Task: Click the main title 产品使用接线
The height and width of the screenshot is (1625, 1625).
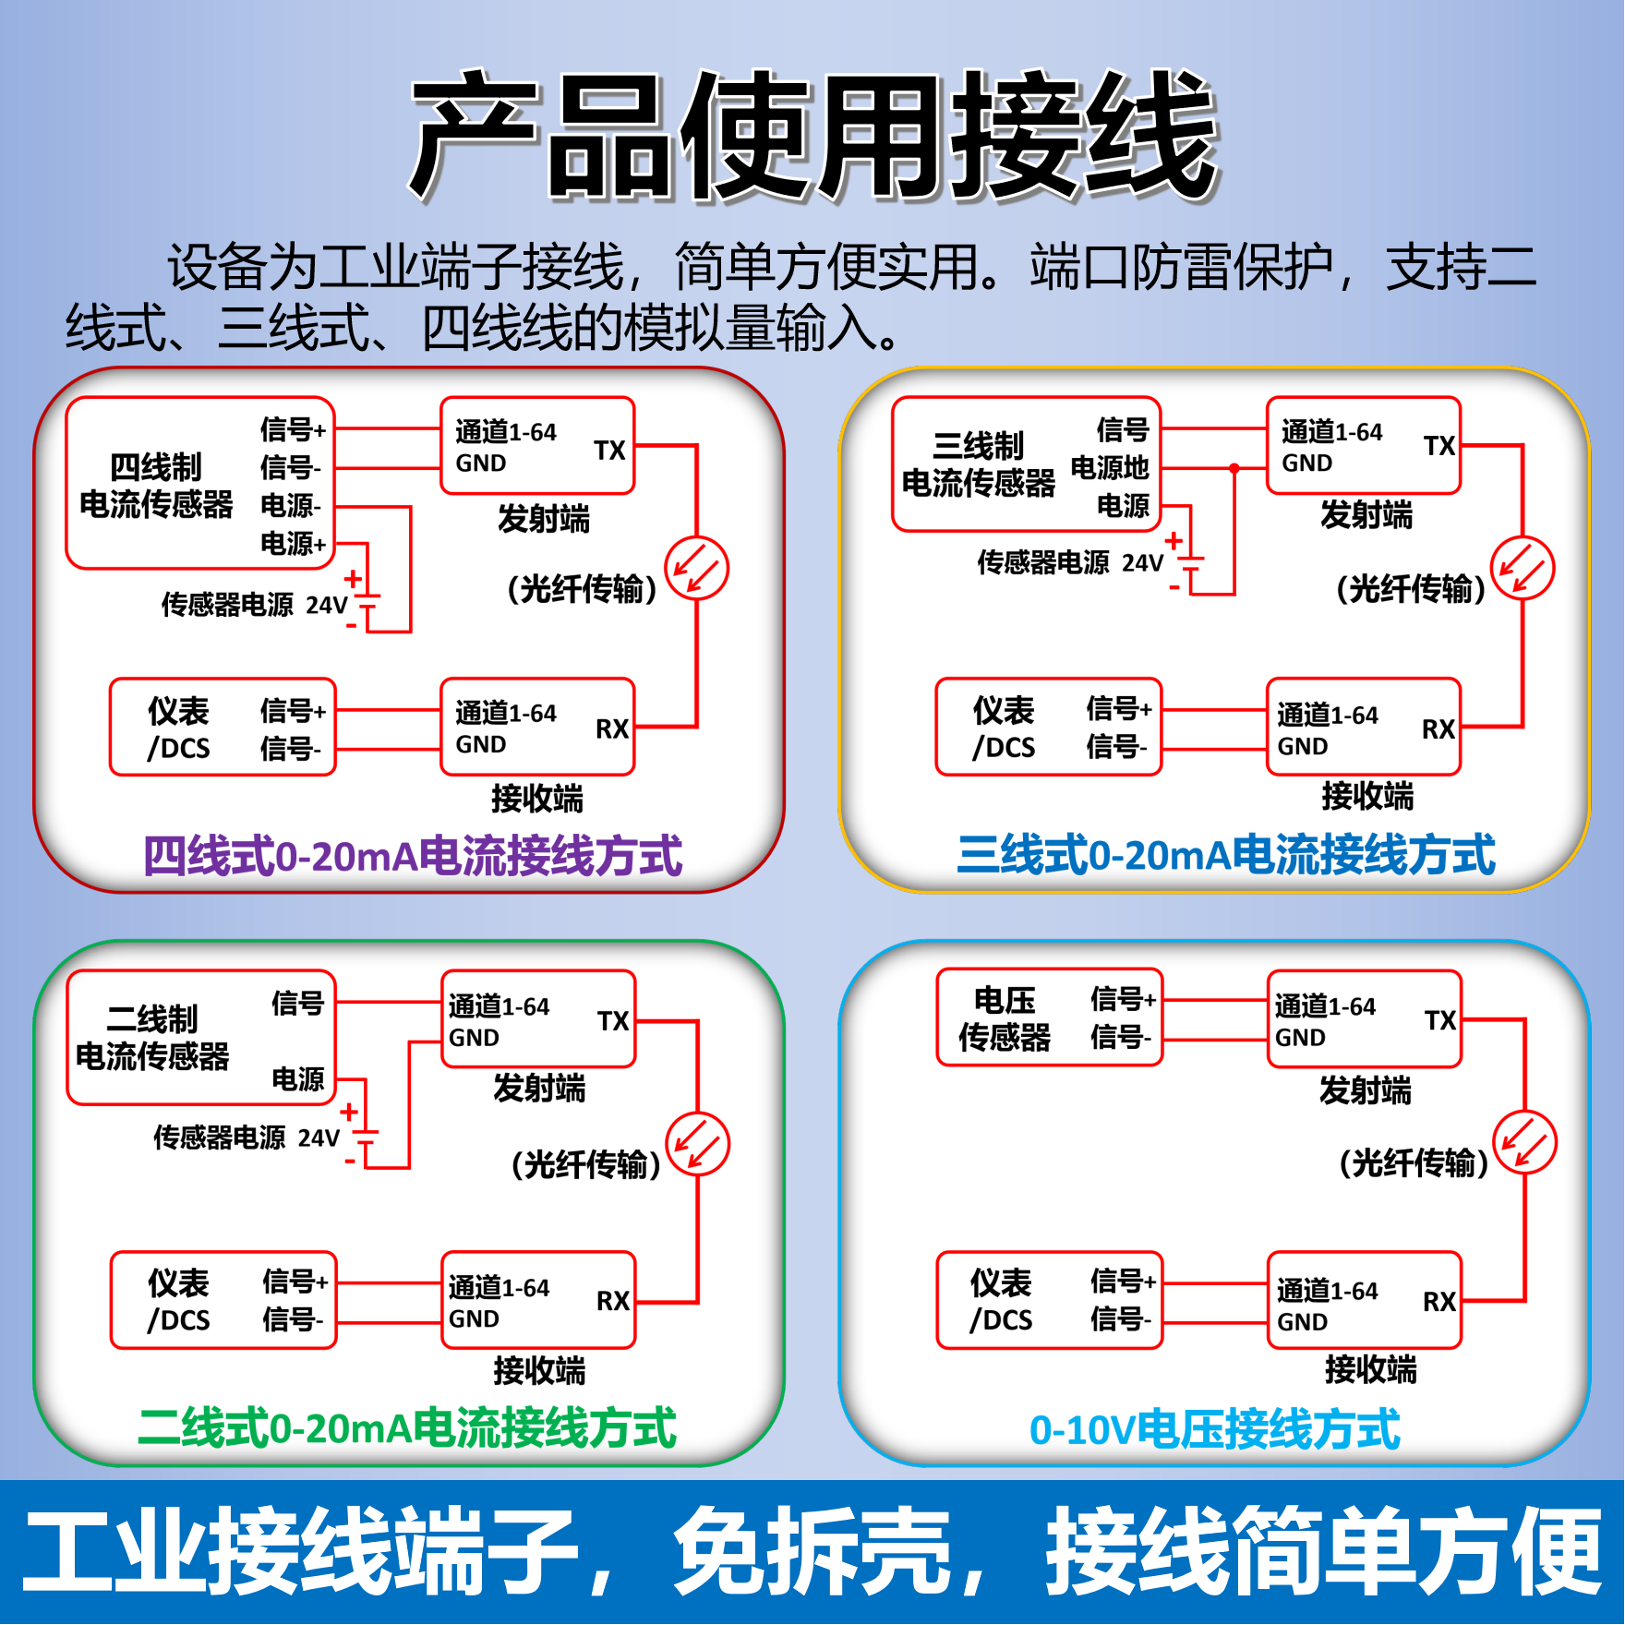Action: click(x=814, y=137)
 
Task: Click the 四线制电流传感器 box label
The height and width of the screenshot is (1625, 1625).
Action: click(x=156, y=486)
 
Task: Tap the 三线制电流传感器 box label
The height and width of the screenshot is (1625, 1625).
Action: click(x=978, y=464)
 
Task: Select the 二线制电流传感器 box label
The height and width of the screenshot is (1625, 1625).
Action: click(x=152, y=1038)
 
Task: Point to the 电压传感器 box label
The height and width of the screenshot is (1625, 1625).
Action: click(x=1004, y=1018)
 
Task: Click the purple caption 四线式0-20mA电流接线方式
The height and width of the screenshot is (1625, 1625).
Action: click(x=413, y=856)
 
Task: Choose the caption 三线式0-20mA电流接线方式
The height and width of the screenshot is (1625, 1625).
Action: click(x=1225, y=854)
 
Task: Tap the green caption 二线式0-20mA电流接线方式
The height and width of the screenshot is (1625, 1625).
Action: click(x=406, y=1428)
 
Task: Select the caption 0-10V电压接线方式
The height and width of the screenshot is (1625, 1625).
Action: click(x=1214, y=1429)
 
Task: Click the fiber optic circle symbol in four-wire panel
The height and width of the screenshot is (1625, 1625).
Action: click(x=697, y=568)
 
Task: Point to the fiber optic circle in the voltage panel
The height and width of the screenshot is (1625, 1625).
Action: click(x=1525, y=1142)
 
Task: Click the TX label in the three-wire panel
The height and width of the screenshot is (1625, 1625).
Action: click(x=1438, y=446)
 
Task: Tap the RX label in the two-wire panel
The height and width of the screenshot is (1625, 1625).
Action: click(x=613, y=1301)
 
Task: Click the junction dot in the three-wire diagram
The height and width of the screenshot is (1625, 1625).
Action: click(x=1234, y=468)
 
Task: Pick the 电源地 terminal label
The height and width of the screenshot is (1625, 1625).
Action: click(x=1109, y=468)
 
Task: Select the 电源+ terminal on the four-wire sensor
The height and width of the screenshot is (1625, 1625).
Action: click(x=293, y=543)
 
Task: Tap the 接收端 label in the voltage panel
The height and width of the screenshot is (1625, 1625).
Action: click(x=1370, y=1369)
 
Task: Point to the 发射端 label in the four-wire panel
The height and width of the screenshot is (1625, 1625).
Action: click(x=543, y=519)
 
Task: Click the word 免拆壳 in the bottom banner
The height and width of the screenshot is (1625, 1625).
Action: click(x=812, y=1551)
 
